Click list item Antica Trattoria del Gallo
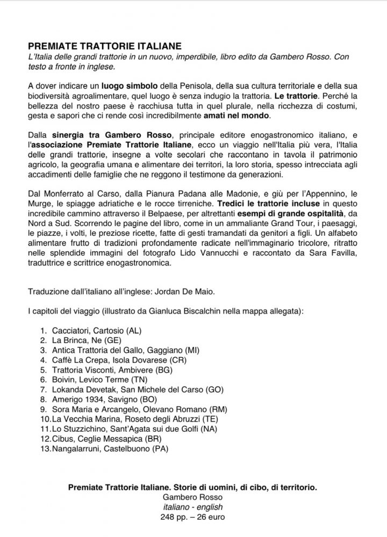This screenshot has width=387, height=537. coord(118,350)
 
